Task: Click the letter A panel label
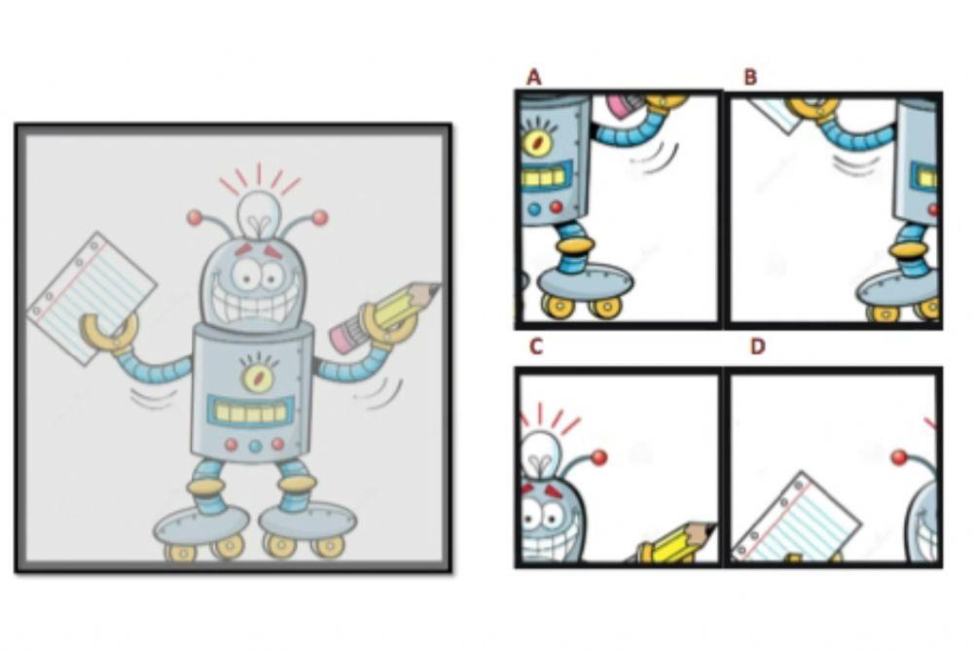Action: pyautogui.click(x=533, y=77)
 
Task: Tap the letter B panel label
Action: pyautogui.click(x=751, y=78)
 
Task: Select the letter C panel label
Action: pyautogui.click(x=535, y=346)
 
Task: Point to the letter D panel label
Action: pyautogui.click(x=757, y=346)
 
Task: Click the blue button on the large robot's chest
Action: pyautogui.click(x=255, y=446)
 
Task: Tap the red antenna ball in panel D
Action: pyautogui.click(x=898, y=457)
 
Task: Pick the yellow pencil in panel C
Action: pyautogui.click(x=675, y=543)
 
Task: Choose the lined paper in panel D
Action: pyautogui.click(x=797, y=518)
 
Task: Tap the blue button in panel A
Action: pyautogui.click(x=534, y=209)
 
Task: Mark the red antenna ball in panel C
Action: pyautogui.click(x=599, y=457)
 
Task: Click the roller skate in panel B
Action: pyautogui.click(x=898, y=294)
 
